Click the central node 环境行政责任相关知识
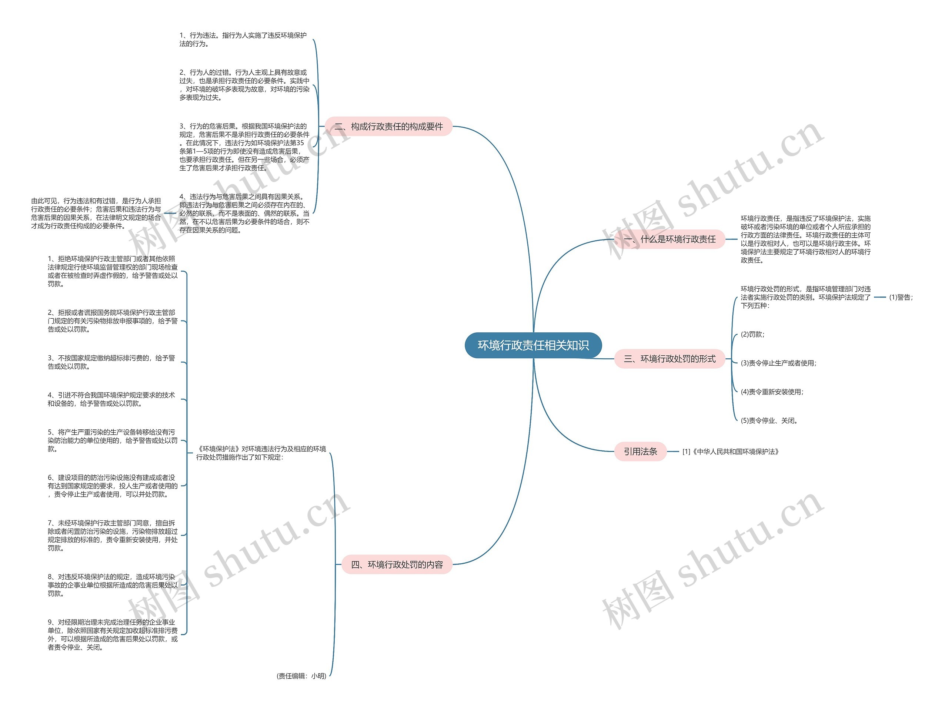click(x=533, y=345)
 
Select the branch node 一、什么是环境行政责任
click(x=670, y=239)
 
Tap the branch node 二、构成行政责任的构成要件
click(x=388, y=126)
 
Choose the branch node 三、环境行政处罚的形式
click(x=670, y=359)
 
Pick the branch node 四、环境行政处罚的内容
click(x=397, y=564)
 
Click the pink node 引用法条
click(x=640, y=452)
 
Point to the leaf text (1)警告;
click(x=901, y=297)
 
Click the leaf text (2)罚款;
click(x=752, y=335)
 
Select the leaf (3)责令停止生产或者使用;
click(x=779, y=363)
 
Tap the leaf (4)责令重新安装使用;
click(x=772, y=392)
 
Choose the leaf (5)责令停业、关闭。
click(x=770, y=420)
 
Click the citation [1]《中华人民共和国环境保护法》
click(x=731, y=452)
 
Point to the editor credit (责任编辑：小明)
click(x=302, y=676)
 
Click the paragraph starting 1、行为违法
click(x=243, y=39)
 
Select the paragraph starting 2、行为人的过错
click(x=244, y=85)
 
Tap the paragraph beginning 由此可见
click(x=96, y=213)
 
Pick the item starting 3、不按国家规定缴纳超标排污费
click(x=111, y=362)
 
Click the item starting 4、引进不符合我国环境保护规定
click(x=111, y=399)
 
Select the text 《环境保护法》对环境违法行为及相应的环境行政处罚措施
click(x=261, y=453)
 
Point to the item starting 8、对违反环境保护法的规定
click(x=112, y=585)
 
